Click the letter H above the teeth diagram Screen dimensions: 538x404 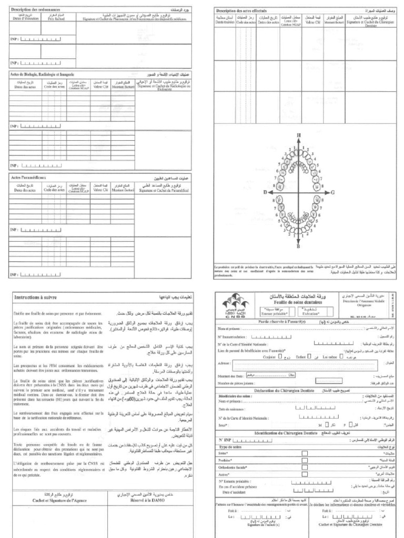click(x=299, y=136)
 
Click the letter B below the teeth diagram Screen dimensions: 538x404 click(x=298, y=246)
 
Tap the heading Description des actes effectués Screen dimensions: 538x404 click(x=242, y=11)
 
